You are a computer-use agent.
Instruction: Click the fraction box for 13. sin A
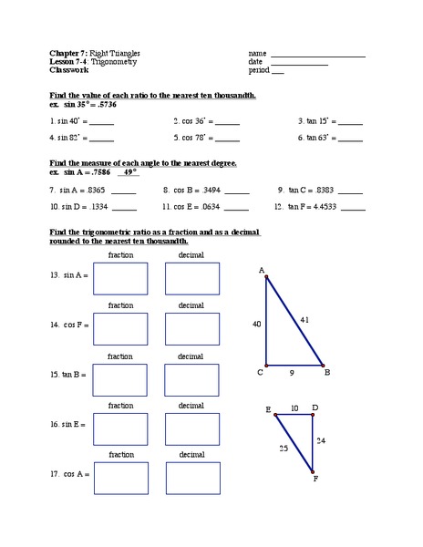click(120, 278)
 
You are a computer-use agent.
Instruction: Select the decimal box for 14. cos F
click(191, 329)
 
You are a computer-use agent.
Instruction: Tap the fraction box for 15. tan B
click(120, 379)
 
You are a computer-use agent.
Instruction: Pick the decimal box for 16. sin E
click(191, 428)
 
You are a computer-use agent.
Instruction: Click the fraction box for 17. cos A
click(120, 477)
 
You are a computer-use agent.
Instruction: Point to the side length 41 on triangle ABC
click(304, 319)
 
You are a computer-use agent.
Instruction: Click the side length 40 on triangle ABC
click(258, 323)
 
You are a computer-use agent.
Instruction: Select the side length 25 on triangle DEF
click(283, 449)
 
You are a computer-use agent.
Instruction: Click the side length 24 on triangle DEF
click(320, 440)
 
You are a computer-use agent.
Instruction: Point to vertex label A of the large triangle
click(262, 270)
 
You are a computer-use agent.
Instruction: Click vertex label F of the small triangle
click(315, 478)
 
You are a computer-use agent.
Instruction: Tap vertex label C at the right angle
click(261, 372)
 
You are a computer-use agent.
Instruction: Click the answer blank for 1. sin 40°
click(102, 122)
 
